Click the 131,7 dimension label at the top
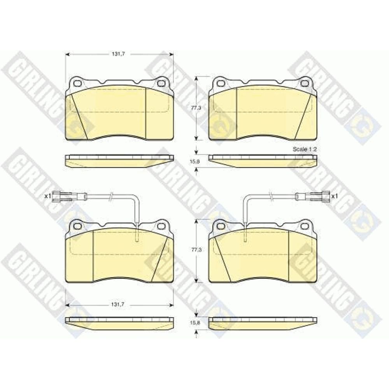click(x=118, y=54)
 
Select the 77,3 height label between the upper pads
click(x=196, y=108)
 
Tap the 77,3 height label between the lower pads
click(x=196, y=250)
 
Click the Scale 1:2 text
click(x=305, y=149)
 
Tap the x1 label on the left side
click(x=47, y=196)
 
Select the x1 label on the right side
click(x=335, y=196)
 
